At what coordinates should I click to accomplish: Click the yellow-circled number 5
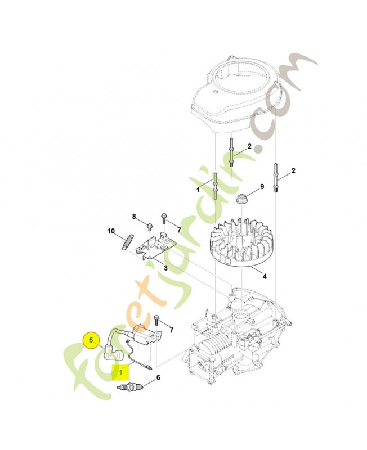[x=91, y=340]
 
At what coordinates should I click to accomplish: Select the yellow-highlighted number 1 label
[x=119, y=372]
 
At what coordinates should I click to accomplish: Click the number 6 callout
[x=158, y=377]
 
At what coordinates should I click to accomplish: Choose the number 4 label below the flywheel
[x=264, y=276]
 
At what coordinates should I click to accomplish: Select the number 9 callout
[x=262, y=187]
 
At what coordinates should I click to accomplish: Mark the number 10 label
[x=111, y=231]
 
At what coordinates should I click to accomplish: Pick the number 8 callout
[x=134, y=217]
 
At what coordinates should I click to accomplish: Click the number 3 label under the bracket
[x=165, y=268]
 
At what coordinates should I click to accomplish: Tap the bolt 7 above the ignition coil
[x=158, y=322]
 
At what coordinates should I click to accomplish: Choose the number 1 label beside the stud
[x=198, y=191]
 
